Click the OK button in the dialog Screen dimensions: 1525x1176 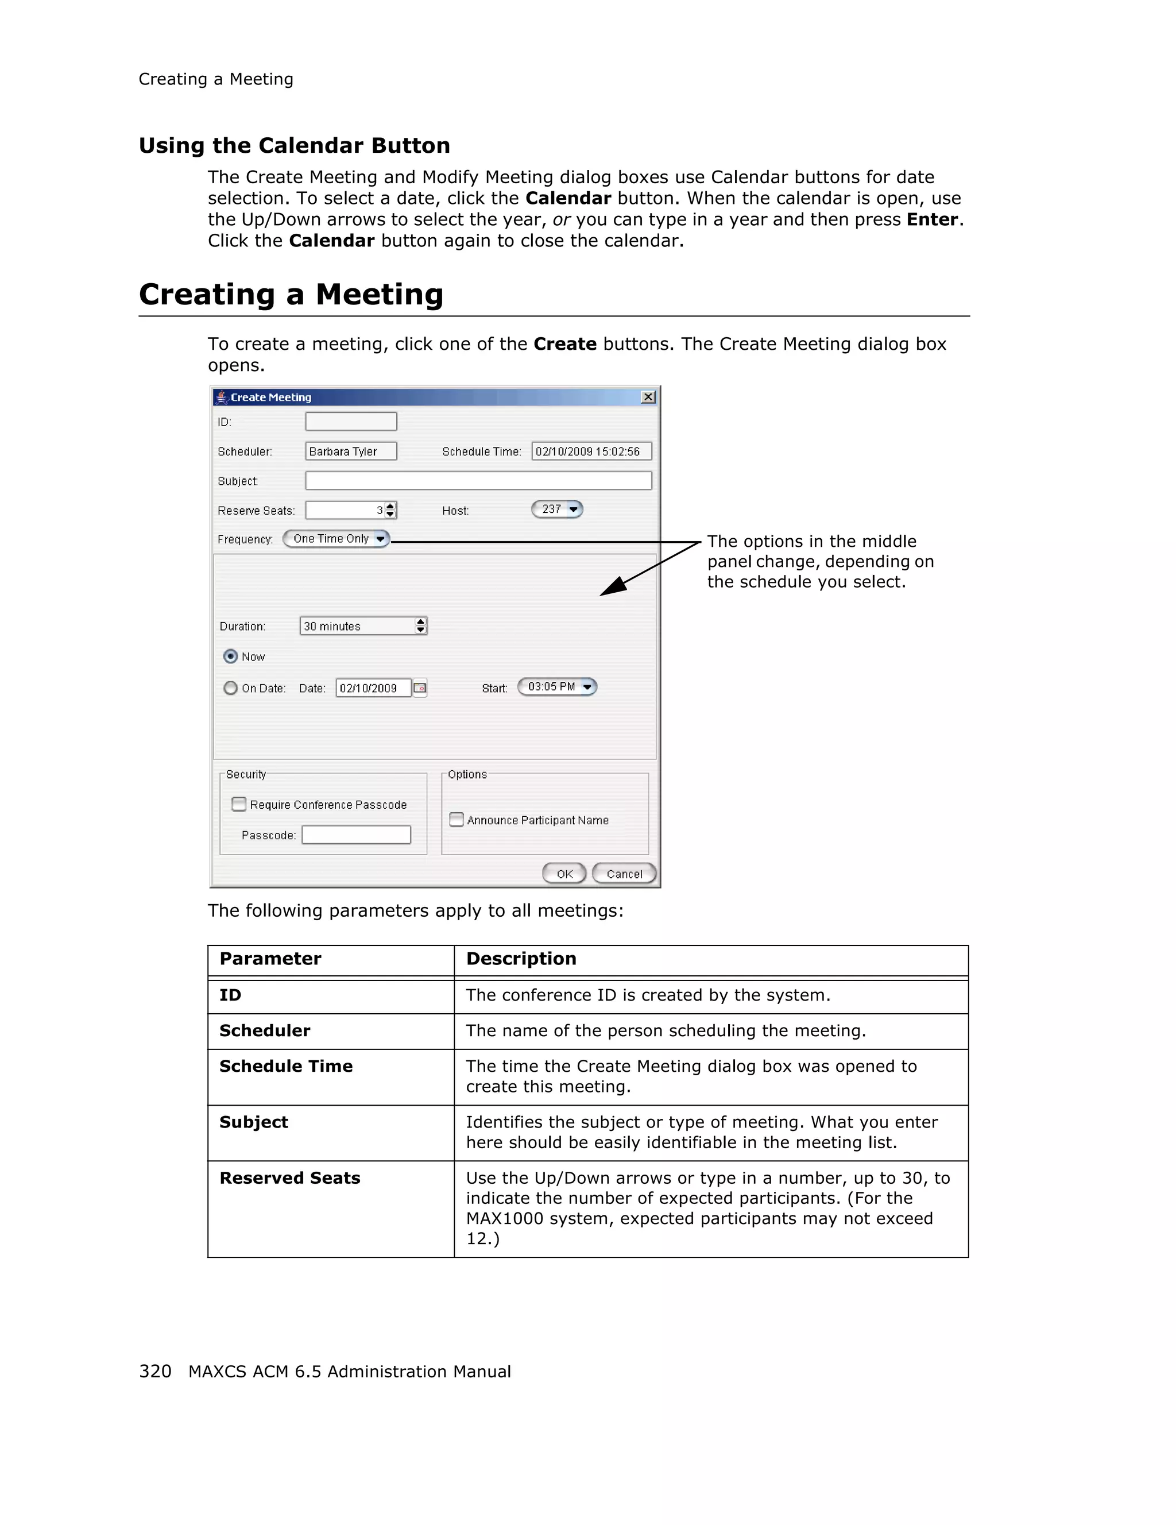tap(564, 874)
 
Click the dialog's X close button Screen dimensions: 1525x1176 tap(648, 397)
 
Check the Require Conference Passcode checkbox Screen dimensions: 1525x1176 tap(239, 804)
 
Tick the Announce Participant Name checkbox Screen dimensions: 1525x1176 tap(457, 820)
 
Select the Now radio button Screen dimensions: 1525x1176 tap(231, 657)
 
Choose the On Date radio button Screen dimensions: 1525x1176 tap(231, 688)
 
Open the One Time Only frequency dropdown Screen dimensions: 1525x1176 tap(336, 539)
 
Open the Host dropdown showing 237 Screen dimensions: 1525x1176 tap(557, 509)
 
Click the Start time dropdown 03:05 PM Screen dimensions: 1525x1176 tap(557, 687)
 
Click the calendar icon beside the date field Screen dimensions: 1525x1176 tap(419, 688)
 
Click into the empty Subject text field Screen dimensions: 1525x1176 tap(478, 480)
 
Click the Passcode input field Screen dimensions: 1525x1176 tap(356, 835)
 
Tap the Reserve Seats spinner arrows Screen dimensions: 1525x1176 tap(390, 511)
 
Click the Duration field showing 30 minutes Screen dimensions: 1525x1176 tap(357, 626)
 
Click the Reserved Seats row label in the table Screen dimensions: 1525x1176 tap(289, 1178)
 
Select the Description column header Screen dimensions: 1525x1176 tap(521, 959)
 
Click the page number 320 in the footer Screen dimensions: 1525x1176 tap(155, 1372)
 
